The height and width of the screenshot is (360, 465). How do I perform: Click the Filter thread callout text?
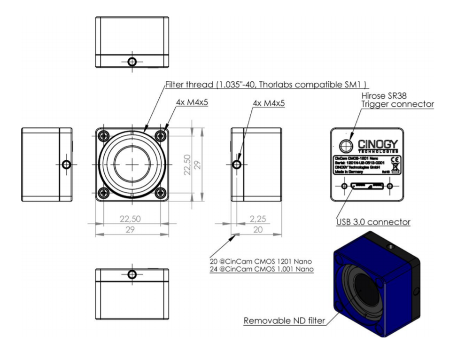click(266, 85)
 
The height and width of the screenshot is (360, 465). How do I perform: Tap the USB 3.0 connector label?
click(373, 221)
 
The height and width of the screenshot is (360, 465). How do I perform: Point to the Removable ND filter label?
click(285, 321)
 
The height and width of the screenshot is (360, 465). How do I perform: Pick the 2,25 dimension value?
click(258, 219)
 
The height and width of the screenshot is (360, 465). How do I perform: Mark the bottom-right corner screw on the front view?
click(161, 192)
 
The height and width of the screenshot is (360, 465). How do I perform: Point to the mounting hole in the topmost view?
click(132, 62)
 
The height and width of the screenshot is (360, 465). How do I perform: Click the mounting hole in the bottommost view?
click(132, 274)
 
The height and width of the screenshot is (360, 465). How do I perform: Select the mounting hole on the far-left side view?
click(66, 164)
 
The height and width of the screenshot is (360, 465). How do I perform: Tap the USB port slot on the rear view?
click(367, 187)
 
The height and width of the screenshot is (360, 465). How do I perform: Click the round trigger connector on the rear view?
click(345, 144)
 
